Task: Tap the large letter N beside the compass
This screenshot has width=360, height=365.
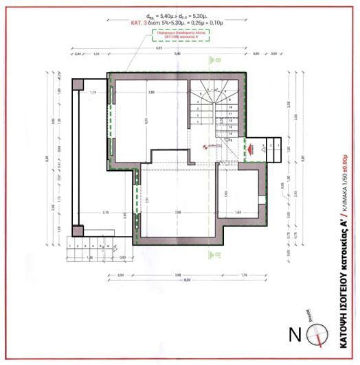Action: pyautogui.click(x=294, y=336)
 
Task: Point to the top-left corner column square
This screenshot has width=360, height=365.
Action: pyautogui.click(x=78, y=84)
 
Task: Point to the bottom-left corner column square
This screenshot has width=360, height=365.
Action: pyautogui.click(x=78, y=240)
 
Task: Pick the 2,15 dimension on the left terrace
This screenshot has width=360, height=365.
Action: pyautogui.click(x=106, y=213)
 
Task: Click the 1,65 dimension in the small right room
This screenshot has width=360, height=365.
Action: pyautogui.click(x=238, y=213)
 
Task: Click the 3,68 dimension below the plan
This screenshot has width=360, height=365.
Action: pyautogui.click(x=178, y=276)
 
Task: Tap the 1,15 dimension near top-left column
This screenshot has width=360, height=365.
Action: pyautogui.click(x=93, y=91)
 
